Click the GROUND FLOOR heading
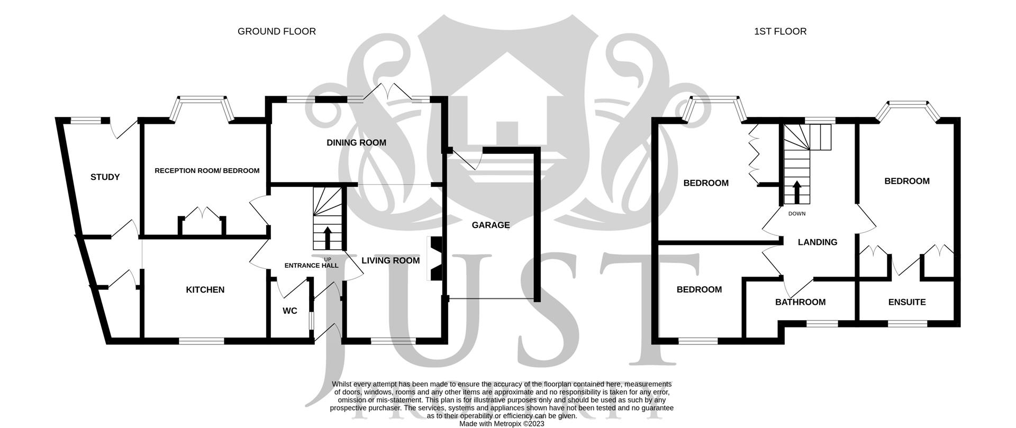pos(276,32)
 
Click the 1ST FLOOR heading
pos(780,32)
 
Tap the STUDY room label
pos(105,177)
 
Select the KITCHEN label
pos(205,290)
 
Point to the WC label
pos(289,311)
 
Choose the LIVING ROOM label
pos(391,260)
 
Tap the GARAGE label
pos(491,225)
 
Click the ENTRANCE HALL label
pos(311,266)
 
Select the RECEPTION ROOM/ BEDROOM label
pos(207,171)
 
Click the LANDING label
pos(818,242)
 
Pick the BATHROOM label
pos(800,302)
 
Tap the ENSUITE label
pos(906,302)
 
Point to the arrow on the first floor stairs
pos(796,192)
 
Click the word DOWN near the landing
pos(796,214)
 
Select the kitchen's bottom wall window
pos(201,341)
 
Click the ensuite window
pos(907,323)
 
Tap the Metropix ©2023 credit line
pos(501,424)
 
